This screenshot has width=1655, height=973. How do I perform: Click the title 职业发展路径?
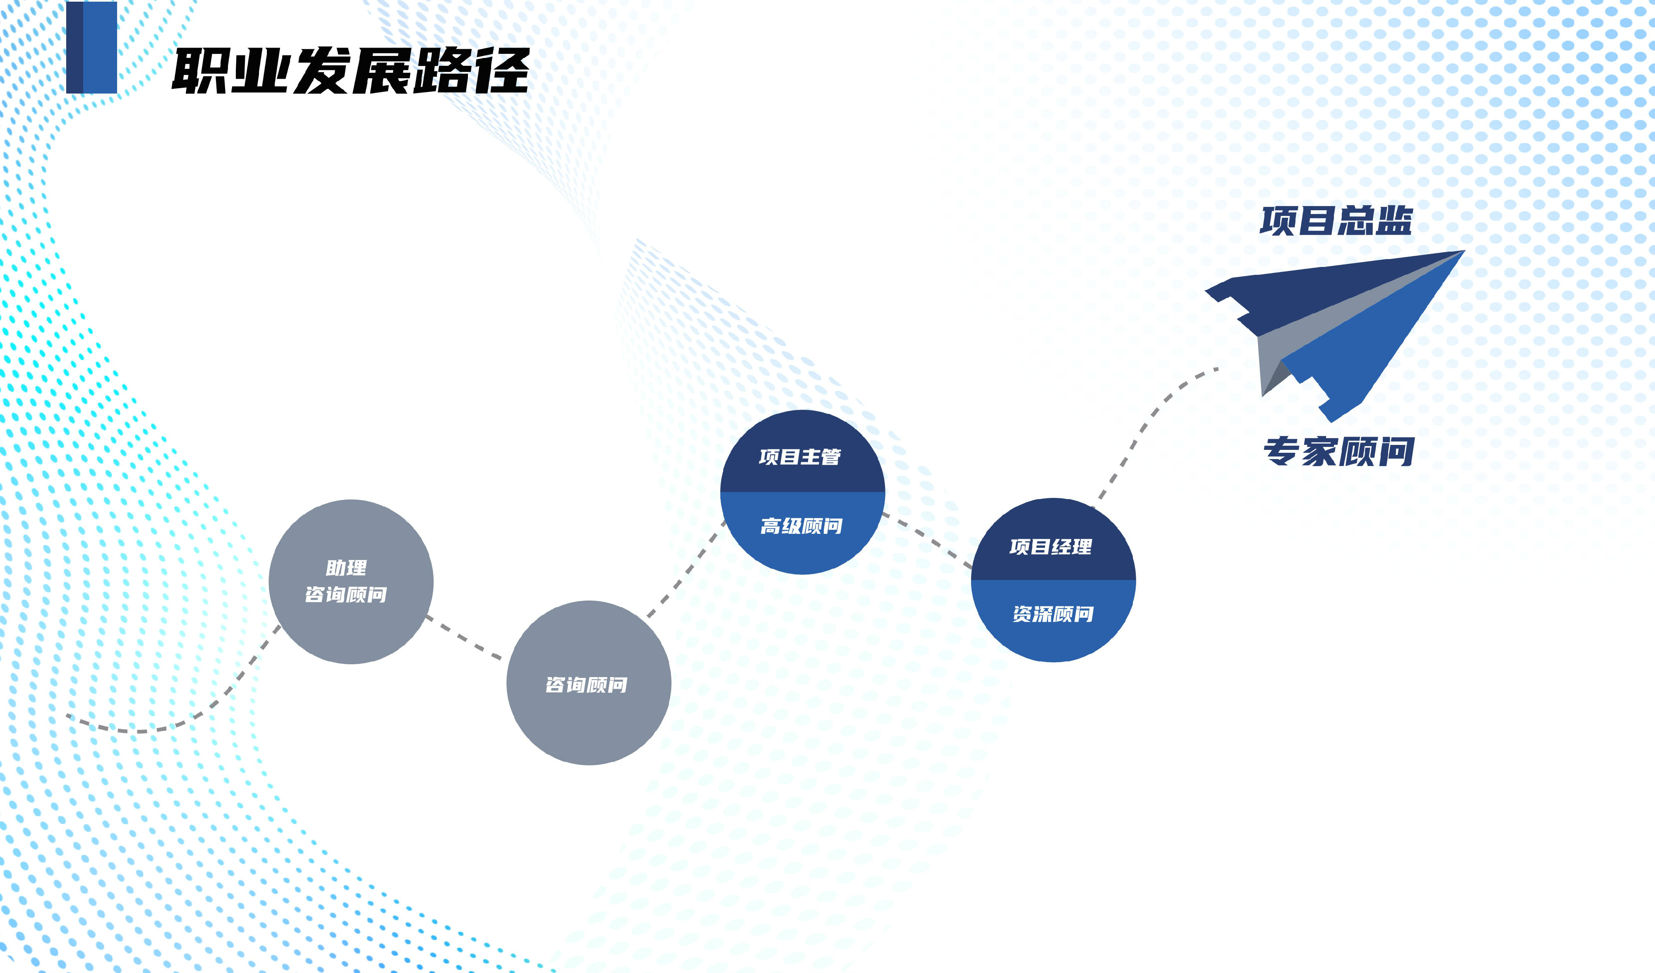click(x=351, y=70)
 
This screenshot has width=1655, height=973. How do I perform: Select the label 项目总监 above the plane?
click(x=1336, y=221)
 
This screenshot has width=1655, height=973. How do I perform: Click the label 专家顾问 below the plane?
click(x=1339, y=452)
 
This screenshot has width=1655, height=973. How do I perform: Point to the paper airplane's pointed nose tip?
click(x=1464, y=251)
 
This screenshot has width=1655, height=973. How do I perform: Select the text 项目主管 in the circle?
click(x=800, y=456)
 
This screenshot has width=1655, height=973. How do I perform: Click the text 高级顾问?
click(x=801, y=526)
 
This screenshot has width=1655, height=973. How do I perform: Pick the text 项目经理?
click(x=1051, y=547)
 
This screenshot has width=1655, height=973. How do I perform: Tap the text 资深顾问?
click(x=1053, y=614)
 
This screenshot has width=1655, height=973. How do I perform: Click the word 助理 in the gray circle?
click(x=346, y=568)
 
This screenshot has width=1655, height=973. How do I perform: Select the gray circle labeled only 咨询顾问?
click(x=588, y=682)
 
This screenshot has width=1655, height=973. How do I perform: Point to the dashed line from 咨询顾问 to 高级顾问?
click(x=686, y=569)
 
